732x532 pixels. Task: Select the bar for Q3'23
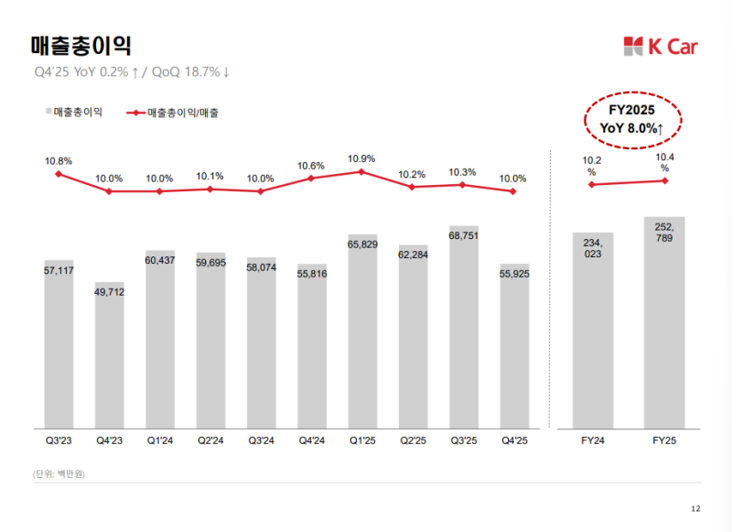coord(59,343)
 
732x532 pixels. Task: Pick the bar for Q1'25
coord(362,331)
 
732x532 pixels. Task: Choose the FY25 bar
coord(664,321)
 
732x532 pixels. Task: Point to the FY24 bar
coord(592,330)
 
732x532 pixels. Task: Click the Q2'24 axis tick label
coord(210,440)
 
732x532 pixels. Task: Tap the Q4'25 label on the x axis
coord(514,440)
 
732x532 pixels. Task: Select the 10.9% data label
coord(361,158)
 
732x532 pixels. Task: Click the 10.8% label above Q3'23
coord(59,160)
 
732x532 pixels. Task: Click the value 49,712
coord(110,292)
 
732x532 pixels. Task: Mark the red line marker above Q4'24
coord(311,178)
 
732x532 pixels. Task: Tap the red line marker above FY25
coord(664,180)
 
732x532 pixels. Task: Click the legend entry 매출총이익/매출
coord(183,113)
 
